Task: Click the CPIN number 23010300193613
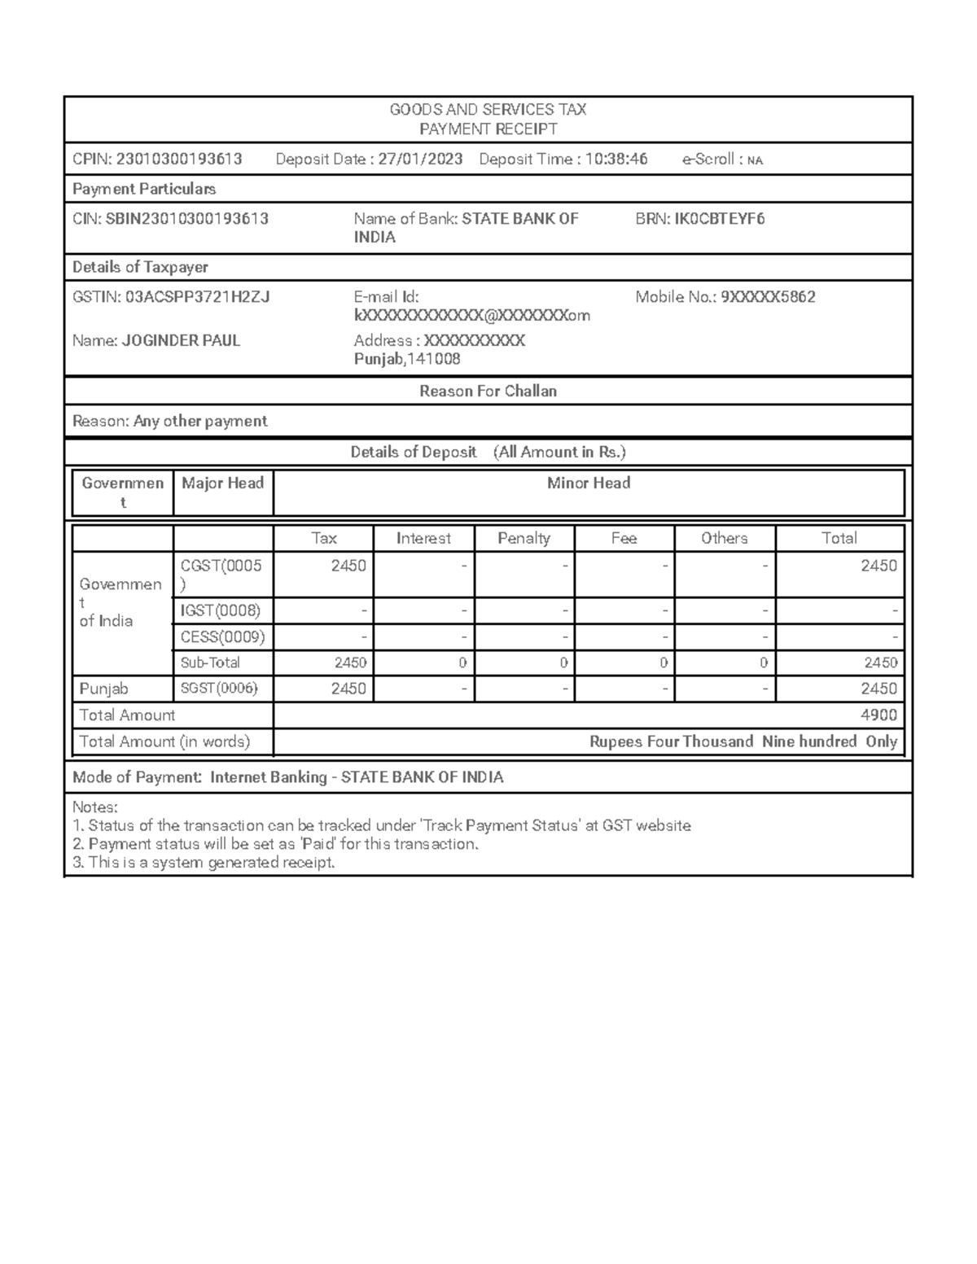coord(179,160)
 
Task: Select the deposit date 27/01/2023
coord(420,160)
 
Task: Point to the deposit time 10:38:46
coord(616,160)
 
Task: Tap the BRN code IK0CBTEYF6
coord(719,219)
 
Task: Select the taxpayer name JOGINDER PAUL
coord(181,341)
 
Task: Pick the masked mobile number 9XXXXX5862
coord(768,297)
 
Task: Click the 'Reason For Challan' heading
coord(488,391)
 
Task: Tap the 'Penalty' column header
coord(524,538)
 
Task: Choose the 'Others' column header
coord(724,538)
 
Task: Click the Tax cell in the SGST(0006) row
coord(348,689)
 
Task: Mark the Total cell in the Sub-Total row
coord(878,663)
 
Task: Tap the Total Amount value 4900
coord(878,715)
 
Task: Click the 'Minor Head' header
coord(588,483)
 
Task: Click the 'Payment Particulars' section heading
coord(144,189)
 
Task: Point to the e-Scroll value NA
coord(755,160)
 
